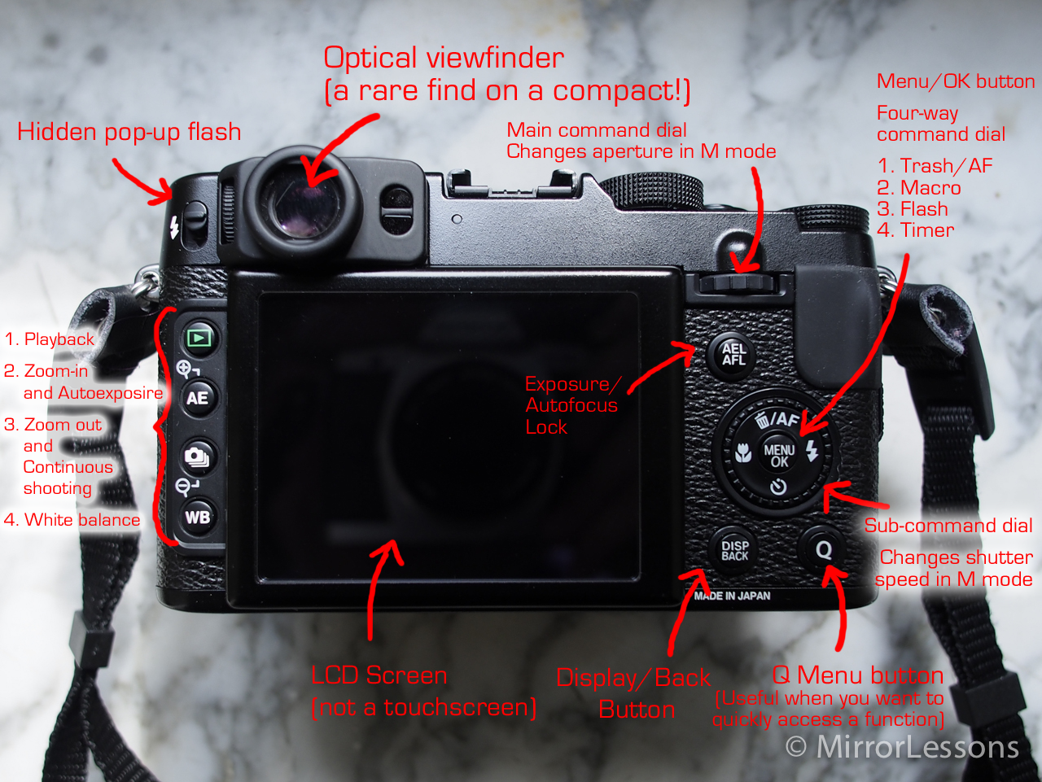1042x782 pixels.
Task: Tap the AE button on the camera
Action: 199,398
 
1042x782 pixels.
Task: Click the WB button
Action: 198,517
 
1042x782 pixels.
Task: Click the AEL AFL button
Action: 733,355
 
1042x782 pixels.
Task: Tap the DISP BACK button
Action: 734,550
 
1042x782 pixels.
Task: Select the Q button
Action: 824,550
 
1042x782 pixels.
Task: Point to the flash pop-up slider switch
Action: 195,222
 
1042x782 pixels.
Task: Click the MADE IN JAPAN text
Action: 732,596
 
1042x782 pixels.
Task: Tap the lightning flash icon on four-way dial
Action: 812,451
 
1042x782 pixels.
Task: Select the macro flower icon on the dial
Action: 743,453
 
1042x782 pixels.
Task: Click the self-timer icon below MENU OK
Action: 777,487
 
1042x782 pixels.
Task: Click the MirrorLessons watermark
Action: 901,747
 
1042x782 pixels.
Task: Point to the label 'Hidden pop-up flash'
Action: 129,132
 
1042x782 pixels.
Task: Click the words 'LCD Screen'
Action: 379,675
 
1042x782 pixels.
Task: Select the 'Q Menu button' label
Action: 857,675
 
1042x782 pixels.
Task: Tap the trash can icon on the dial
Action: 762,420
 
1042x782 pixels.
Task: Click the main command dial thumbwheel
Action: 738,283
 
